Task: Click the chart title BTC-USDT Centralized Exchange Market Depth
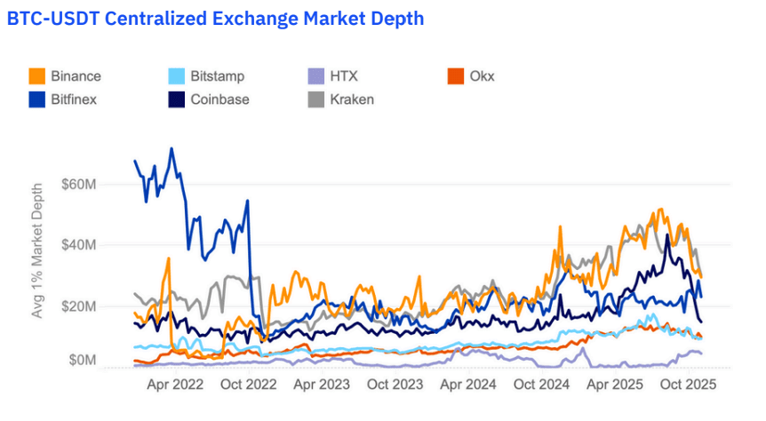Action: (x=215, y=19)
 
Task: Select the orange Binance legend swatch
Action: (x=37, y=76)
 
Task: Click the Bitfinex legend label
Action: (x=74, y=99)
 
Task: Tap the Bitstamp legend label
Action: (x=217, y=76)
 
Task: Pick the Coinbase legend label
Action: (x=219, y=99)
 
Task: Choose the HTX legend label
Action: (x=344, y=76)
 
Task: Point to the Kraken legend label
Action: (x=352, y=99)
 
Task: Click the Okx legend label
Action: (x=482, y=76)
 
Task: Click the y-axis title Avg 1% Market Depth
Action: (x=36, y=251)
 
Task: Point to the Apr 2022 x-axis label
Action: (x=175, y=385)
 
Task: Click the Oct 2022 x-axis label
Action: (x=249, y=385)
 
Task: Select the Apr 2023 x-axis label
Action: (x=321, y=385)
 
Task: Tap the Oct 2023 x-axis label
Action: (x=395, y=385)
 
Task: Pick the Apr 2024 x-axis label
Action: (x=467, y=385)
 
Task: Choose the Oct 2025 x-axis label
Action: (x=687, y=385)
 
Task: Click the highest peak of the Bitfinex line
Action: (x=172, y=148)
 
